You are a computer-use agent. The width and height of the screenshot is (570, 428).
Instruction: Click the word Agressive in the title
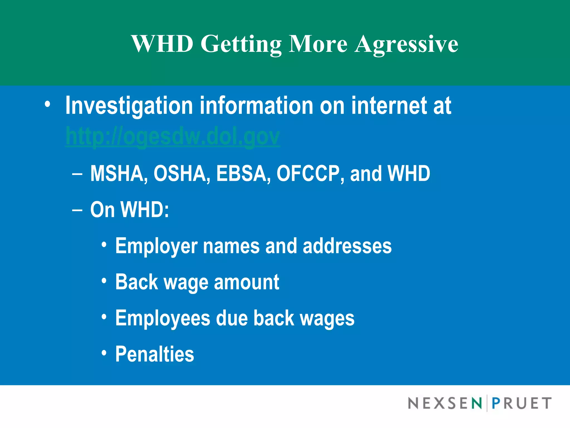coord(406,44)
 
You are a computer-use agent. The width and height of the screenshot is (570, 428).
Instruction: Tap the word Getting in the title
coord(241,44)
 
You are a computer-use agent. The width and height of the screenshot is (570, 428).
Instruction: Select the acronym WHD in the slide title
coord(162,44)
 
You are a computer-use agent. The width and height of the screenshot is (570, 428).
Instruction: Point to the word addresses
coord(347,246)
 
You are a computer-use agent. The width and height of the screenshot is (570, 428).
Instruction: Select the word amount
coord(246,282)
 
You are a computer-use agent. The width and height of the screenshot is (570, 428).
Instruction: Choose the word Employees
coord(163,318)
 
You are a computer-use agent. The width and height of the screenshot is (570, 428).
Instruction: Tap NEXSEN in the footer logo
coord(445,403)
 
